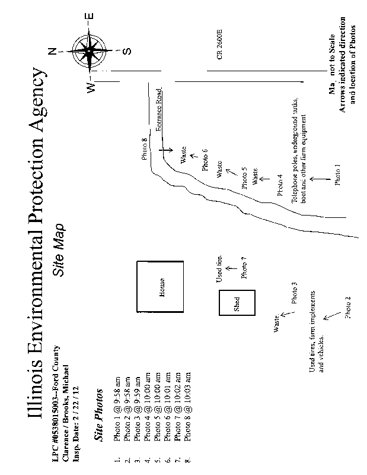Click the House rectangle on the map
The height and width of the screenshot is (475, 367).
161,287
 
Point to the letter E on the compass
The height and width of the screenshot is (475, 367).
97,16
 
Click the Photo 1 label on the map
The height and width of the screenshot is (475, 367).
337,175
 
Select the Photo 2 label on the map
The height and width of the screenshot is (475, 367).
348,307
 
